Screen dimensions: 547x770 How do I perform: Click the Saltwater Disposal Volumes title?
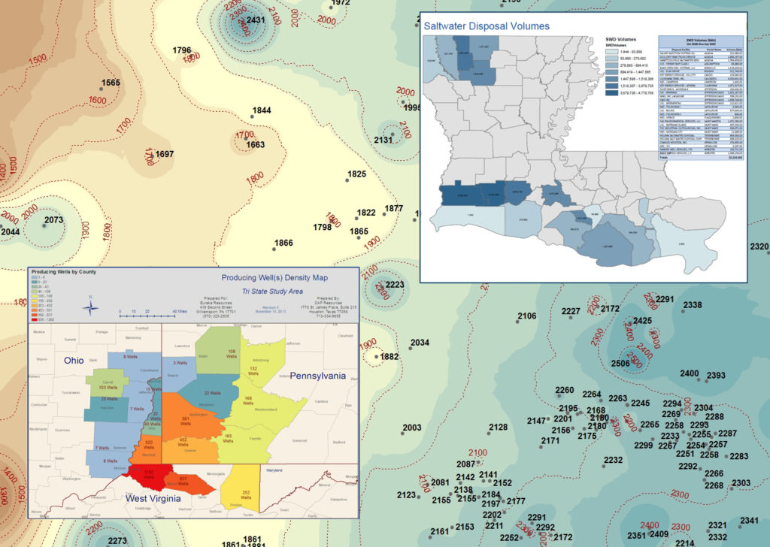click(x=486, y=26)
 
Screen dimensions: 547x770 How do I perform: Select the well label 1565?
click(x=111, y=83)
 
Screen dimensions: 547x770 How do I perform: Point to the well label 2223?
click(x=396, y=285)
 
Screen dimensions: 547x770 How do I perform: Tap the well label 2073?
click(x=53, y=220)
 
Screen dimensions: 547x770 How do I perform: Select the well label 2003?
click(x=411, y=428)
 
